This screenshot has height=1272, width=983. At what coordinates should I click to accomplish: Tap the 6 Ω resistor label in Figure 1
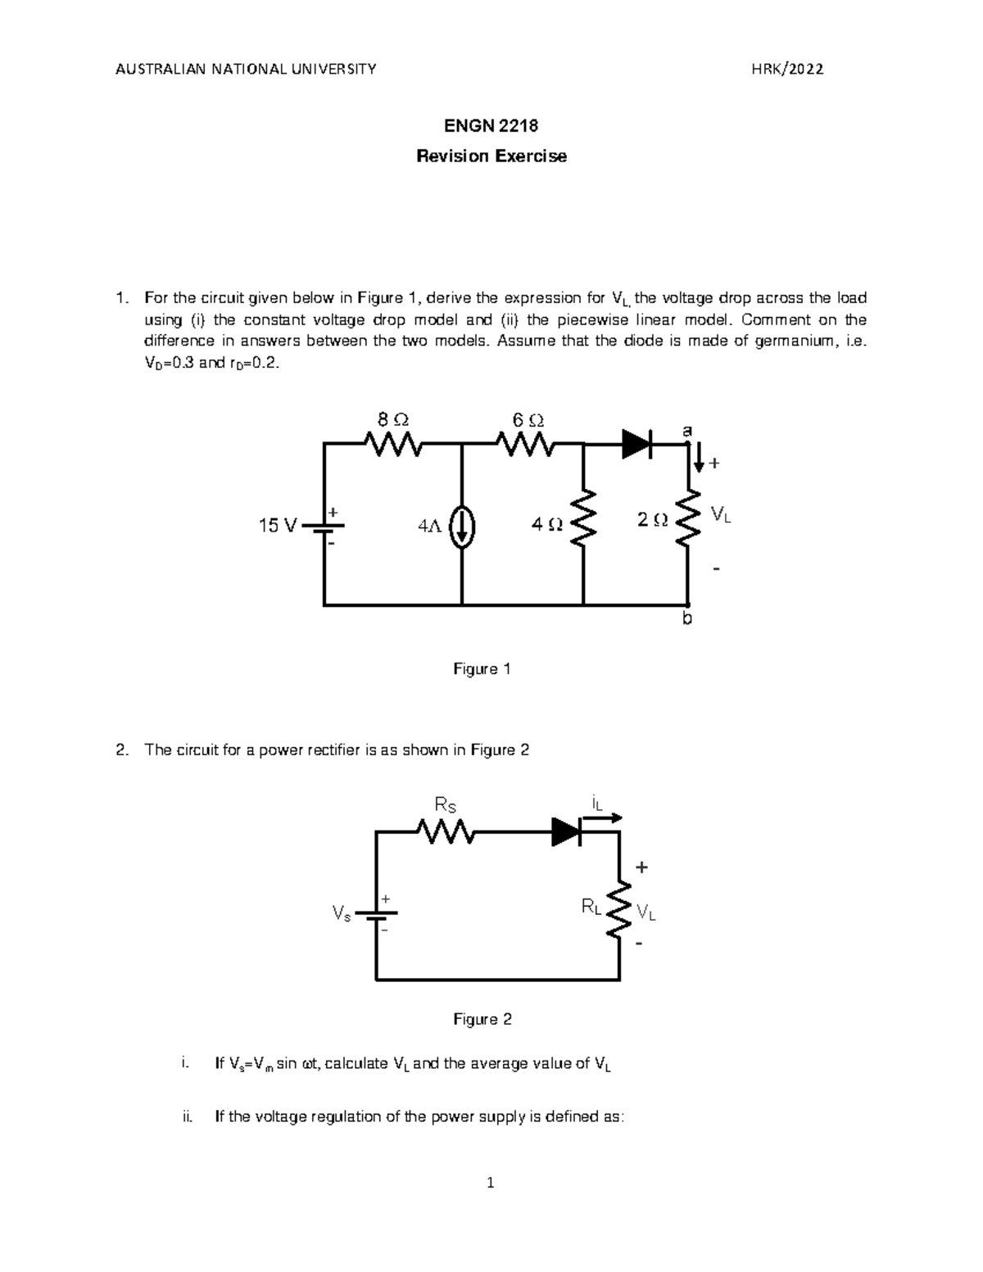tap(528, 419)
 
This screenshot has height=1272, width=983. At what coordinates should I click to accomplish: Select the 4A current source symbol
tap(462, 527)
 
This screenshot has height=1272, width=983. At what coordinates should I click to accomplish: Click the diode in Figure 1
tap(637, 444)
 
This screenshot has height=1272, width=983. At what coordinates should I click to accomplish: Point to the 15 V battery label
tap(278, 526)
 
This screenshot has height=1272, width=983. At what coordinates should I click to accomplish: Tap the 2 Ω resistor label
tap(652, 520)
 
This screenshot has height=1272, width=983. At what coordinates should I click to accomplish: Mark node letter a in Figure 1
tap(687, 431)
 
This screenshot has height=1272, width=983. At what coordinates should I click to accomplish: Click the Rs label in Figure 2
tap(445, 807)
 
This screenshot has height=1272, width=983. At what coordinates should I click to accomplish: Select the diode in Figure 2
tap(566, 831)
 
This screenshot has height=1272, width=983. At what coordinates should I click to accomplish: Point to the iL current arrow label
tap(596, 803)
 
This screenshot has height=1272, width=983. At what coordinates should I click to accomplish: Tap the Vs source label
tap(342, 913)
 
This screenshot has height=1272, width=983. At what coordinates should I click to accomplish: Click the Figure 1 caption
tap(482, 669)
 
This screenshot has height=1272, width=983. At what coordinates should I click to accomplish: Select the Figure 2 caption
tap(482, 1019)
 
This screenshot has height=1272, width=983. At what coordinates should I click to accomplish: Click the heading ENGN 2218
tap(491, 126)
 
